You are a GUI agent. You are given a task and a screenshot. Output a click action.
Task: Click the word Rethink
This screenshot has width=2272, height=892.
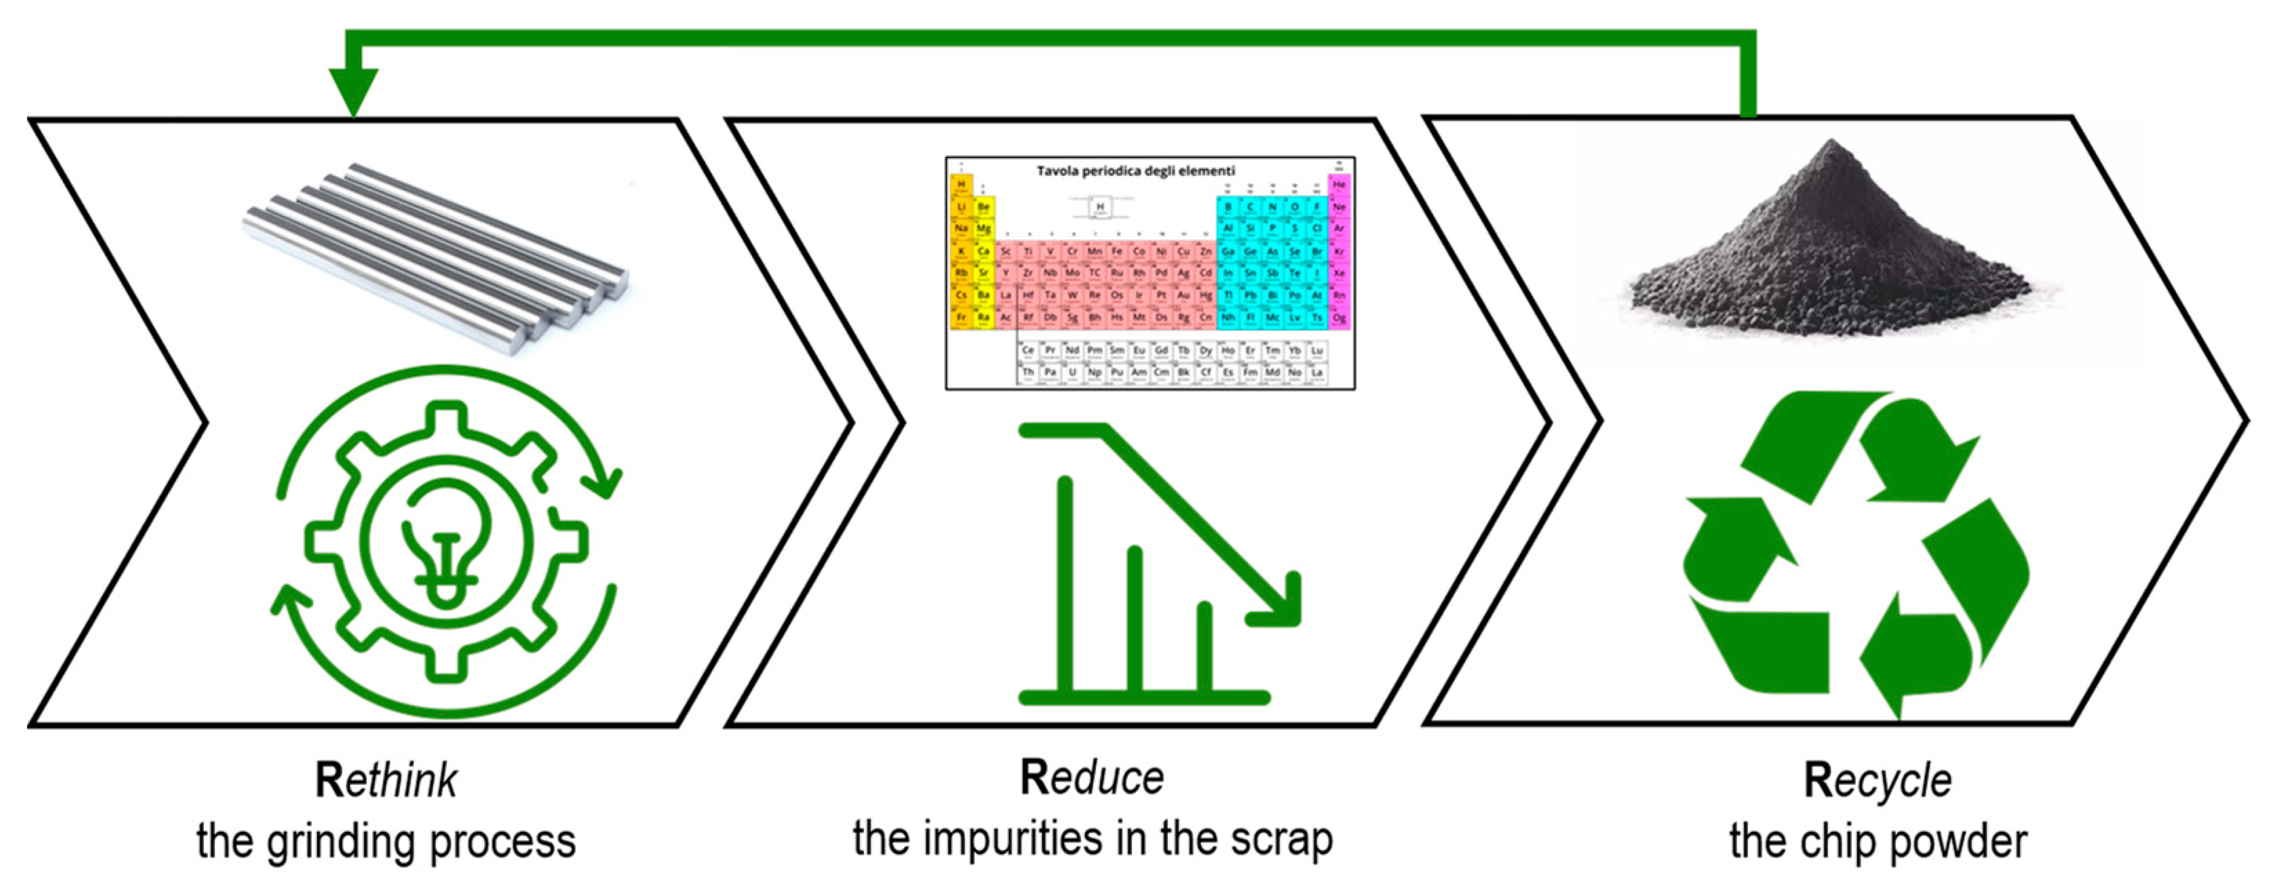tap(385, 781)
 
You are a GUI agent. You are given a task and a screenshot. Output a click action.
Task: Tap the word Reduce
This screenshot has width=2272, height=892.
tap(1091, 777)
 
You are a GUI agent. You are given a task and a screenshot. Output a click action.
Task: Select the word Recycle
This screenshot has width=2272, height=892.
tap(1877, 781)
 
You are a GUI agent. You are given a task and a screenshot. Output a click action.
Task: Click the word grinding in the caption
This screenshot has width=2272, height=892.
tap(338, 841)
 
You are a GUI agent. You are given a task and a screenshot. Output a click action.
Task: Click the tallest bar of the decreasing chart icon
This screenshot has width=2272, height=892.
tap(1066, 582)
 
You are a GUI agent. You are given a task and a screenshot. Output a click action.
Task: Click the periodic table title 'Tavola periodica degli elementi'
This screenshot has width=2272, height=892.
tap(1135, 171)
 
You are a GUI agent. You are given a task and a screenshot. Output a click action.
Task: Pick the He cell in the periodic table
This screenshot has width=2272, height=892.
tap(1339, 185)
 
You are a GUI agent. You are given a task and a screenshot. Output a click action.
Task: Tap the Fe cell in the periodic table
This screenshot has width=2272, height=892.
tap(1117, 251)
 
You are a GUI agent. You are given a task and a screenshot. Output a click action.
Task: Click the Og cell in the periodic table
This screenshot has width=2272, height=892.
tap(1339, 317)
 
